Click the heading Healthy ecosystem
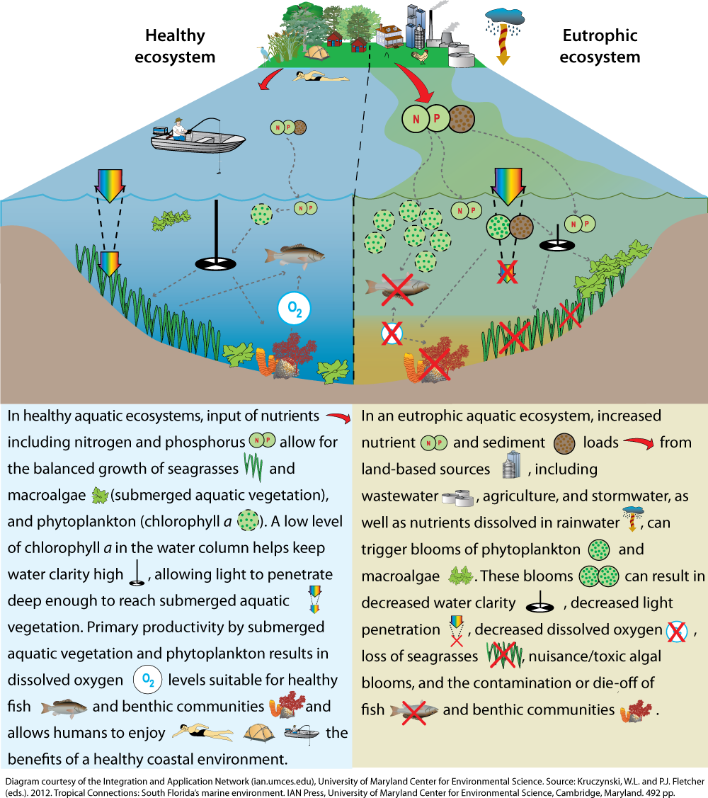(x=175, y=46)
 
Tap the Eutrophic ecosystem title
(x=600, y=46)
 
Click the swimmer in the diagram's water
(x=321, y=77)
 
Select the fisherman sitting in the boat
(x=178, y=130)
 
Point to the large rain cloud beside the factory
(x=505, y=17)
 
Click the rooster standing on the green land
(x=420, y=57)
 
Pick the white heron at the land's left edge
(x=263, y=53)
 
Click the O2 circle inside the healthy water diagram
(x=295, y=309)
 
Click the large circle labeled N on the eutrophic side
(x=416, y=119)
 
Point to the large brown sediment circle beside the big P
(x=461, y=118)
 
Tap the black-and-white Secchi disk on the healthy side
(x=216, y=263)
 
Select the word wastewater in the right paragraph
(x=400, y=496)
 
